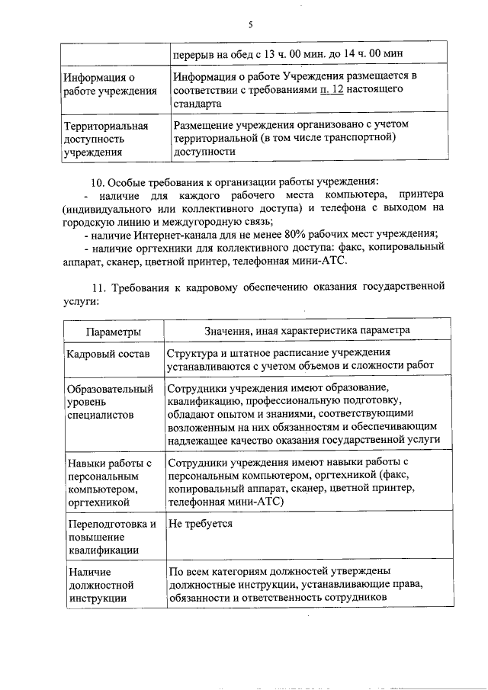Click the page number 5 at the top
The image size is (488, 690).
pyautogui.click(x=250, y=25)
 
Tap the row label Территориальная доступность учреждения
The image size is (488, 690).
pyautogui.click(x=106, y=138)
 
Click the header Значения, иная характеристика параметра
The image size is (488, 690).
pyautogui.click(x=307, y=331)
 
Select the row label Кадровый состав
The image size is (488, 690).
pyautogui.click(x=107, y=355)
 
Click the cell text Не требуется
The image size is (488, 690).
pyautogui.click(x=200, y=525)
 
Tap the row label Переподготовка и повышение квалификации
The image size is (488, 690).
pyautogui.click(x=111, y=537)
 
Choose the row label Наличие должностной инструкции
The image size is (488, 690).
pyautogui.click(x=101, y=585)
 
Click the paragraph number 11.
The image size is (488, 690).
pyautogui.click(x=97, y=287)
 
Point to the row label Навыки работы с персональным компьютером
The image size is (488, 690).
pyautogui.click(x=111, y=481)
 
